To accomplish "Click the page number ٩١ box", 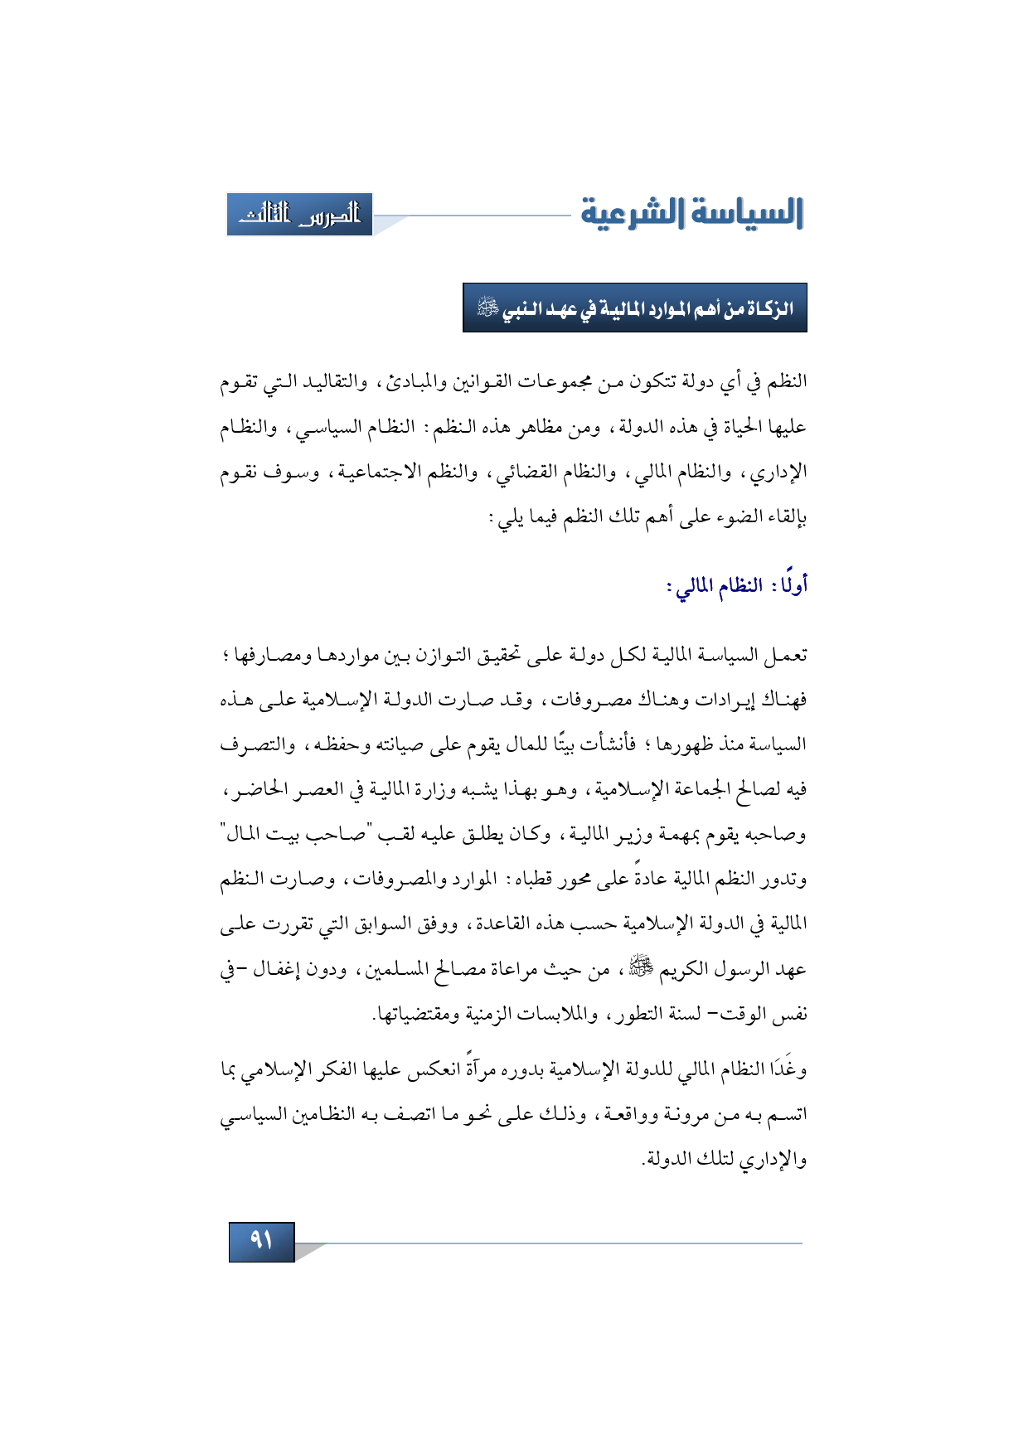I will click(261, 1241).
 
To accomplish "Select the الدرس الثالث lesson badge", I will click(299, 215).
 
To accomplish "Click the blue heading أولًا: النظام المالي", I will click(738, 586).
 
